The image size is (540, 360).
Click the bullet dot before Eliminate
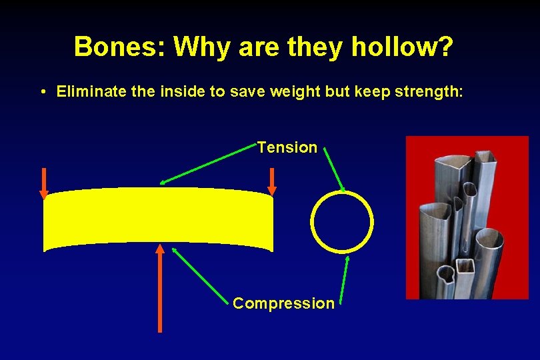click(42, 92)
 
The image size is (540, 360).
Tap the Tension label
click(287, 147)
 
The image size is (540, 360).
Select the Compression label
click(283, 303)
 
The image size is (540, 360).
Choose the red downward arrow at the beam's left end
click(44, 183)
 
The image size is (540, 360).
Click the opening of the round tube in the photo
click(491, 237)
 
